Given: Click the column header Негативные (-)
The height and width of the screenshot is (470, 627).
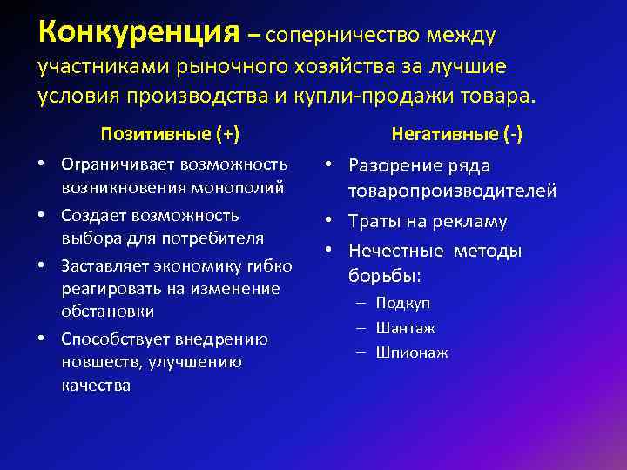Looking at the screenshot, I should click(x=456, y=134).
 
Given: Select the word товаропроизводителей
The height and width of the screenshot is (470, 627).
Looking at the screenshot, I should click(x=452, y=191).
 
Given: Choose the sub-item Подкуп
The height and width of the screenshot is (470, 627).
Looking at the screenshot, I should click(x=402, y=303).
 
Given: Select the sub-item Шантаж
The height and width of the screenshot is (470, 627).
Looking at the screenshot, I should click(x=405, y=328).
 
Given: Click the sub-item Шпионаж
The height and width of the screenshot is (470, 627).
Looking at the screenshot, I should click(x=412, y=353).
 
